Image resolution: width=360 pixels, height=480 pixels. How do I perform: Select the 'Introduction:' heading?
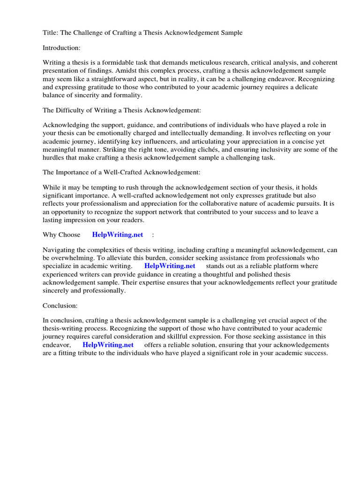click(62, 48)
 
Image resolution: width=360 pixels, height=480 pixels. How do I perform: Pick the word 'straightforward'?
click(105, 79)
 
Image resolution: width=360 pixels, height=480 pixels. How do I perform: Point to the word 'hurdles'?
click(53, 157)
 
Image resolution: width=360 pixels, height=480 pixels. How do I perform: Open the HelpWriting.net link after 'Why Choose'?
click(118, 234)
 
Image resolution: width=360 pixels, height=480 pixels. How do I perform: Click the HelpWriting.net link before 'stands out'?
click(170, 266)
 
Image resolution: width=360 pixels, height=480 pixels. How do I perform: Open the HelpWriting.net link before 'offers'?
click(108, 345)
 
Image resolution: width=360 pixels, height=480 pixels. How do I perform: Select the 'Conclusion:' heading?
click(60, 305)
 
